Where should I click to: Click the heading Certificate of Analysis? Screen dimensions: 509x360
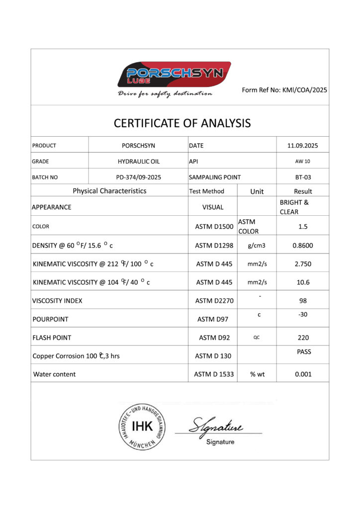click(182, 123)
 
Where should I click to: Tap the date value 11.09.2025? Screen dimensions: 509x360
click(302, 146)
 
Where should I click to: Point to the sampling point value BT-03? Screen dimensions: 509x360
click(303, 177)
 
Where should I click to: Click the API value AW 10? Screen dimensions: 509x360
click(303, 162)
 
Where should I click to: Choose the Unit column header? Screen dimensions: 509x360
click(257, 191)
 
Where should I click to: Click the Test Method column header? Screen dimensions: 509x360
click(207, 191)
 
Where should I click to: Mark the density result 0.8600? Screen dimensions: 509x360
click(303, 245)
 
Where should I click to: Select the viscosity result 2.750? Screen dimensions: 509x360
click(303, 263)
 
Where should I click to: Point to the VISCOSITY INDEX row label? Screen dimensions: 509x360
click(57, 301)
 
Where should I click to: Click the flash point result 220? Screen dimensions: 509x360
click(303, 338)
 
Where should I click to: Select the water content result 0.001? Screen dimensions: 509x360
click(303, 374)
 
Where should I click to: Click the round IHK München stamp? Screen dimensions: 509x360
click(142, 426)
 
